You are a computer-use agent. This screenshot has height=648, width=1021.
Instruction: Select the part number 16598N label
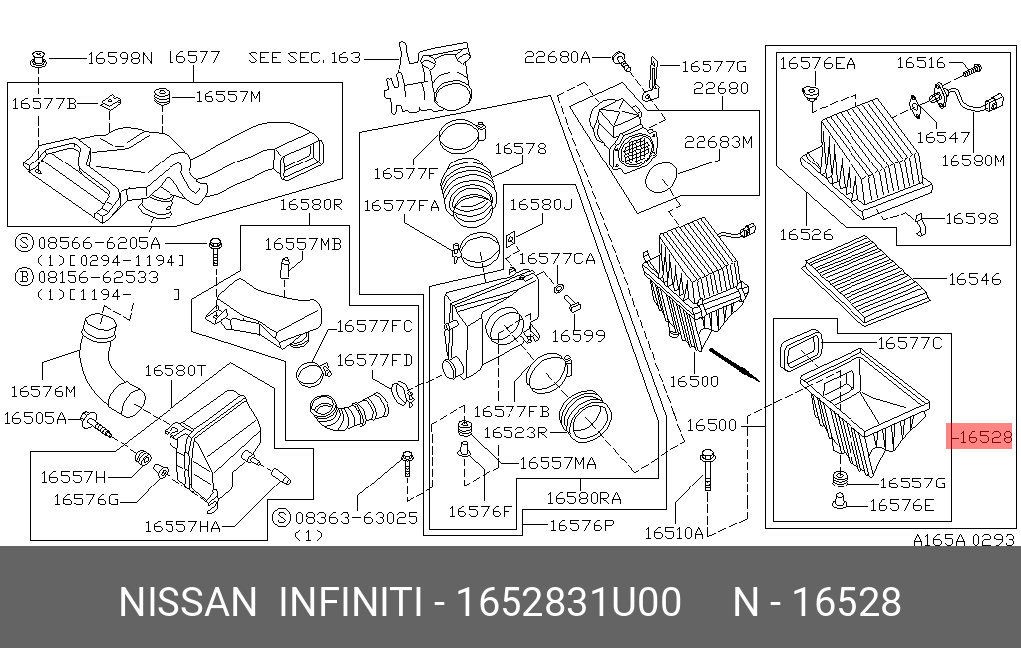[x=120, y=58]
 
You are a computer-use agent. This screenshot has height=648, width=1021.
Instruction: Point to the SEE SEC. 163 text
[x=304, y=58]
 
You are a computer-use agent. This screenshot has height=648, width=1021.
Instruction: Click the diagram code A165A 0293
[x=963, y=540]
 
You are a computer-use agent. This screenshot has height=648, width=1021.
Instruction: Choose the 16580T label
[x=174, y=371]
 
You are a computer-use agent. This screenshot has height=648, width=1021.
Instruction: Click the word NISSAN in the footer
[x=187, y=602]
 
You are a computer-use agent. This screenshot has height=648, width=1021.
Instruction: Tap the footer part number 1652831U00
[x=567, y=602]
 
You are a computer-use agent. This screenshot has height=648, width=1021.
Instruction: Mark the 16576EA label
[x=817, y=63]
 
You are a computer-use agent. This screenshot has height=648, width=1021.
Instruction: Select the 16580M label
[x=972, y=160]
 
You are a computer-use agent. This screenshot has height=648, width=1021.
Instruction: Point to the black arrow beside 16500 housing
[x=733, y=364]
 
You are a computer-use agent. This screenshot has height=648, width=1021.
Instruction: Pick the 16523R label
[x=515, y=433]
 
